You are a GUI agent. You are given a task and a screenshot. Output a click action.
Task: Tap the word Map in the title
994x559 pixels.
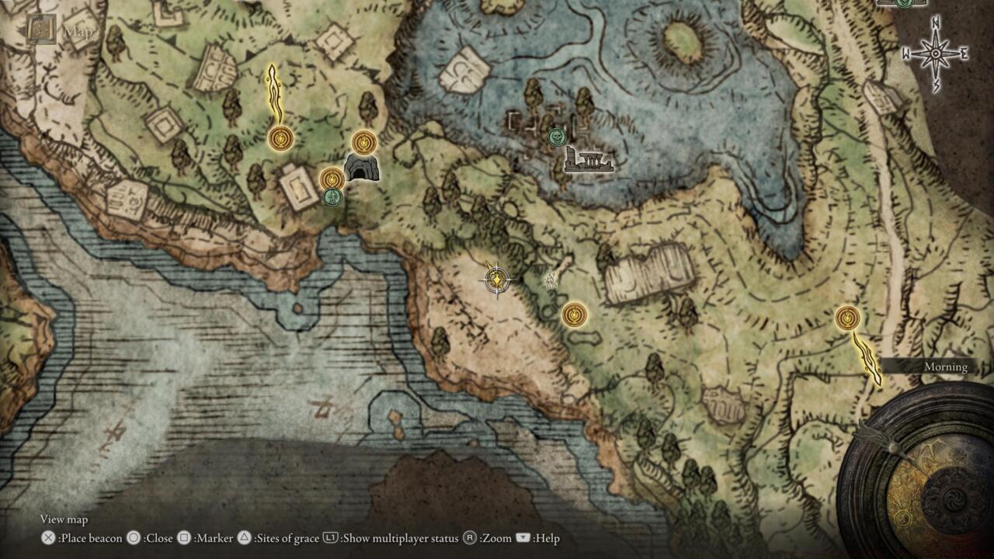(x=78, y=32)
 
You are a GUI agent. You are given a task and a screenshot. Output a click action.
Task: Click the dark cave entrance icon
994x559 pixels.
(x=360, y=168)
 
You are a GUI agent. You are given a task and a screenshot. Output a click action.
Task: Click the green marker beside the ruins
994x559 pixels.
(x=556, y=137)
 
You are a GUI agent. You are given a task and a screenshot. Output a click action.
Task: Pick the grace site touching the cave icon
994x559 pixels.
(x=363, y=142)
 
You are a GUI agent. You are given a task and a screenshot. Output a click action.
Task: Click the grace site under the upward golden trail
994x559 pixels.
(x=280, y=139)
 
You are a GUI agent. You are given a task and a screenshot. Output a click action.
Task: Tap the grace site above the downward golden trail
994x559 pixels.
(x=847, y=318)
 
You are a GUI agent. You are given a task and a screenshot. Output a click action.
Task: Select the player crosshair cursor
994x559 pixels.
(x=496, y=279)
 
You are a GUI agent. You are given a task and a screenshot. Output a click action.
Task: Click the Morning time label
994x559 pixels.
(x=945, y=366)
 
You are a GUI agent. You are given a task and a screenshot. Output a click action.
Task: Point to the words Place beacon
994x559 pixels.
(x=91, y=538)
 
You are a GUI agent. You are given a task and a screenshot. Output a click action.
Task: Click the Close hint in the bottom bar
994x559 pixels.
(x=158, y=538)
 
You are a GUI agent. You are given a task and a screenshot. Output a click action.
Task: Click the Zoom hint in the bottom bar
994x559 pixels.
(x=495, y=538)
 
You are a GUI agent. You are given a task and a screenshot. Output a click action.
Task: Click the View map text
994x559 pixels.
(x=64, y=519)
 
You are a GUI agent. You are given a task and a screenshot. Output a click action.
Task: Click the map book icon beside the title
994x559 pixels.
(x=42, y=30)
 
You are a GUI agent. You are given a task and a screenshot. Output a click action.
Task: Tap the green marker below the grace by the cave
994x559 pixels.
(x=332, y=197)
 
